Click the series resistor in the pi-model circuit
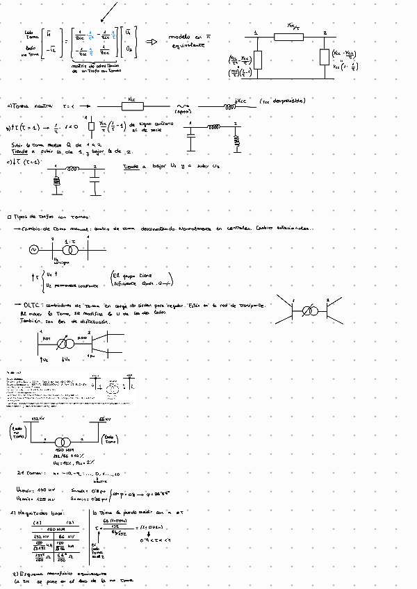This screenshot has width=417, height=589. tap(290, 36)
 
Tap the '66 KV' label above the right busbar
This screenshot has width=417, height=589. tap(106, 420)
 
